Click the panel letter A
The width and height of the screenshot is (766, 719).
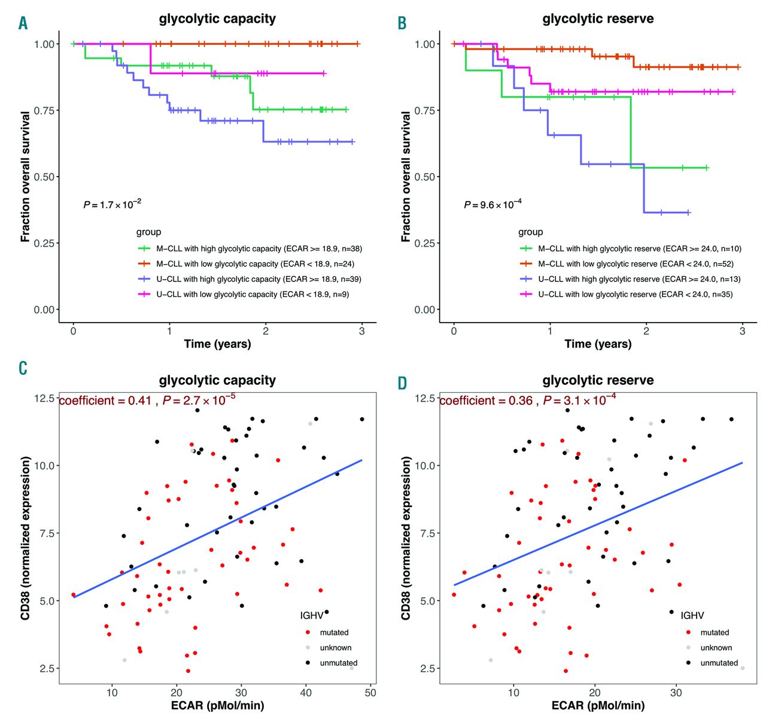click(23, 23)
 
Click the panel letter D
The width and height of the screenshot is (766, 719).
click(403, 383)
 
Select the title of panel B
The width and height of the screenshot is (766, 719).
click(598, 19)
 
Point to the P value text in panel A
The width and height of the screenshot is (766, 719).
click(113, 205)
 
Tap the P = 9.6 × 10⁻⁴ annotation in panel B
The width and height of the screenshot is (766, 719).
click(493, 205)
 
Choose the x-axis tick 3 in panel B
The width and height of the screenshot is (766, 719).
click(742, 330)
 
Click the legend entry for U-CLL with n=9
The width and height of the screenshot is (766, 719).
click(253, 295)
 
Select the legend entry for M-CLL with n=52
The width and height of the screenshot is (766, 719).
click(636, 264)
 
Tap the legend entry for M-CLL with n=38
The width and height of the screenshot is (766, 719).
click(259, 248)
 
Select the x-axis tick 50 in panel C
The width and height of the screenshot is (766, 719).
click(370, 692)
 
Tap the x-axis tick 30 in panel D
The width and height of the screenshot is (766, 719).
click(676, 692)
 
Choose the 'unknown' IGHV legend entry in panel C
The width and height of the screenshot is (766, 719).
click(335, 648)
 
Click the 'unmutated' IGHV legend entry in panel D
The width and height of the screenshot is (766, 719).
click(719, 663)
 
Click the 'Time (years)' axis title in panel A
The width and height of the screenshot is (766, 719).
click(217, 344)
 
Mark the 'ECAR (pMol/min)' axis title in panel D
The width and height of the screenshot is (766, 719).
click(598, 706)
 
